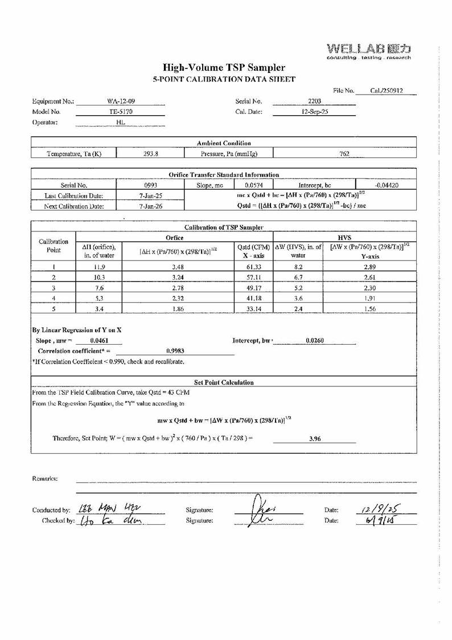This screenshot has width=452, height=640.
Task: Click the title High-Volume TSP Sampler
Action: pyautogui.click(x=224, y=68)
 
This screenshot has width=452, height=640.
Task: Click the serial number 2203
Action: pyautogui.click(x=314, y=101)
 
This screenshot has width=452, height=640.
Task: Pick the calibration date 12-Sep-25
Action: pyautogui.click(x=314, y=112)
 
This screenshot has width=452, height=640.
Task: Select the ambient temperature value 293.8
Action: pyautogui.click(x=150, y=153)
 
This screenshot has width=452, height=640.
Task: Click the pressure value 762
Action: pyautogui.click(x=344, y=153)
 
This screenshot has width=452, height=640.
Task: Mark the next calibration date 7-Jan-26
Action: pyautogui.click(x=150, y=206)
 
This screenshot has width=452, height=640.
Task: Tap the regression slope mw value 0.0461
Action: pyautogui.click(x=100, y=340)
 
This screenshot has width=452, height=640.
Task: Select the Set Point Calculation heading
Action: pyautogui.click(x=224, y=382)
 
